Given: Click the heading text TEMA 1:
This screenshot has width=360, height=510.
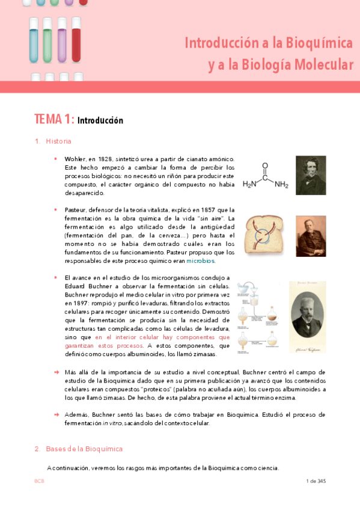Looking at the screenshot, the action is (x=55, y=119).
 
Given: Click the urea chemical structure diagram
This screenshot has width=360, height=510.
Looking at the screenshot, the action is (x=266, y=177).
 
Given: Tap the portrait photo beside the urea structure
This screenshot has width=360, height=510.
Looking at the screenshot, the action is (x=311, y=175).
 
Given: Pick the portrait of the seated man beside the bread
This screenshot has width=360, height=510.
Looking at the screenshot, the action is (x=311, y=236).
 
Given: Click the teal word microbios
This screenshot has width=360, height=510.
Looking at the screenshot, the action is (x=200, y=261).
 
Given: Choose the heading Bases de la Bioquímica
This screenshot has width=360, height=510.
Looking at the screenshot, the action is (x=84, y=449).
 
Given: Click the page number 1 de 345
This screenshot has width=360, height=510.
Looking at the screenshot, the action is (x=316, y=481).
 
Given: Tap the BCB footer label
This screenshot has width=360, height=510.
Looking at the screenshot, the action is (x=39, y=481).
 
